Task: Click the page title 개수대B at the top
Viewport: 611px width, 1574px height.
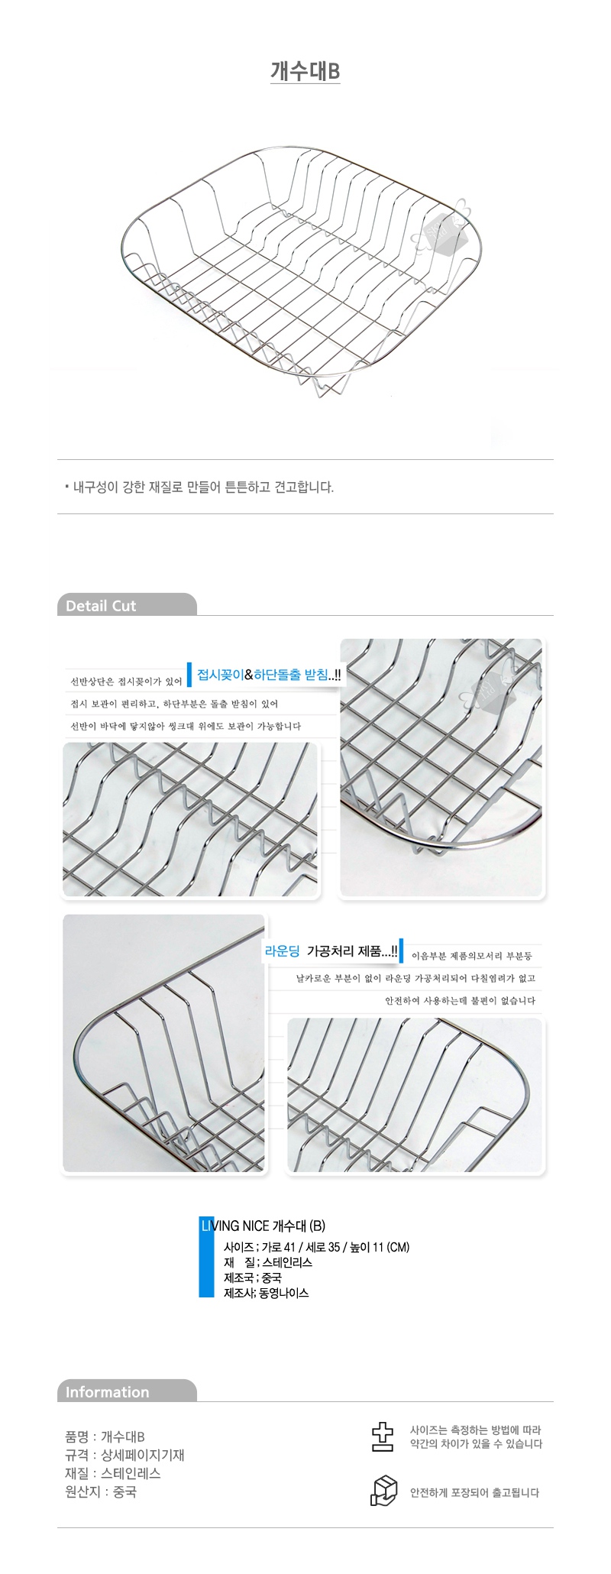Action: pos(305,71)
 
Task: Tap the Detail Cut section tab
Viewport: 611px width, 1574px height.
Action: pos(127,605)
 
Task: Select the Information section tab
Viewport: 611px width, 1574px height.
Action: pos(127,1391)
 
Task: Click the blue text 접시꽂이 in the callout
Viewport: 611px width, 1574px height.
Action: pos(220,675)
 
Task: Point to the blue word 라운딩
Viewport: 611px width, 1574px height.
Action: pos(282,951)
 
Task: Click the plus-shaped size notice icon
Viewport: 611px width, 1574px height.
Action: pos(382,1436)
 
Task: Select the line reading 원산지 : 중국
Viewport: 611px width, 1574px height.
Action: pos(101,1491)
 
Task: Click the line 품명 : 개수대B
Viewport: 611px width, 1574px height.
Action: pos(105,1436)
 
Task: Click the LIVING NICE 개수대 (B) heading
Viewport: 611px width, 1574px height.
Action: pos(263,1226)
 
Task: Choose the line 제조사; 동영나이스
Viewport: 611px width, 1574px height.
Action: pos(267,1293)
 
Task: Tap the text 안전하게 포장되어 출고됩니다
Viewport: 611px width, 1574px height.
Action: pos(474,1492)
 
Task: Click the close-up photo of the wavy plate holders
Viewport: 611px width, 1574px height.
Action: pos(190,820)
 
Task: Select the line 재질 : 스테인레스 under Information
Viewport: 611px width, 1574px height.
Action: pos(113,1473)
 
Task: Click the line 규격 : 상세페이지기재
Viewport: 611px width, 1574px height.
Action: pos(124,1455)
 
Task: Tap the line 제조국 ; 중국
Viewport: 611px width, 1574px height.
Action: pos(253,1278)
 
